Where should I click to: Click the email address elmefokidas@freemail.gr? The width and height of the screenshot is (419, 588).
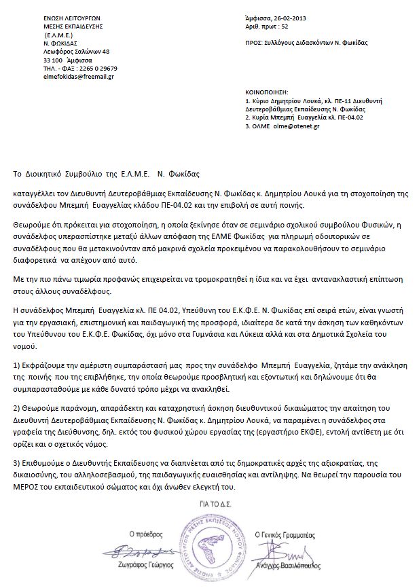tap(77, 77)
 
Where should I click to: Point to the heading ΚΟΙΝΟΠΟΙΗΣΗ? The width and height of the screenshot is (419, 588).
tap(267, 90)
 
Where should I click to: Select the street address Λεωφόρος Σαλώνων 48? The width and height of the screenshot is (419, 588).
tap(76, 51)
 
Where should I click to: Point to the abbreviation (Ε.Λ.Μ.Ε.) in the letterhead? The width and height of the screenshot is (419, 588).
tap(60, 33)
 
